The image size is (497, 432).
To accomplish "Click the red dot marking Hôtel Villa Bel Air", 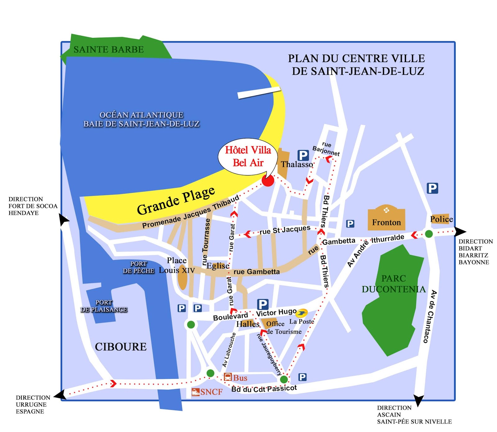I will pos(268,180).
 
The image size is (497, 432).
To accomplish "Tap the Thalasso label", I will pos(297,164).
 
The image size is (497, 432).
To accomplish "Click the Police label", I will pos(441,219).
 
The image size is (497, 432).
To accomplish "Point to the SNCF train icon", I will pos(196,392).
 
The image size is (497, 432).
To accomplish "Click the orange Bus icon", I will pos(228,377).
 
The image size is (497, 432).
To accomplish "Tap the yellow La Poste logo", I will pos(302,313).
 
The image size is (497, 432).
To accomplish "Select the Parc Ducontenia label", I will pos(394,284).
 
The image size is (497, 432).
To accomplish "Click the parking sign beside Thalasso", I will pos(303,155).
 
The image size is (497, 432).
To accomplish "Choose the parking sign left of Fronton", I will pos(350,224).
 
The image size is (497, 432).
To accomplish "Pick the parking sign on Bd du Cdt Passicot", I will pos(302,377).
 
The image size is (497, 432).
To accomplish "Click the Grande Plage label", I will pos(176,201).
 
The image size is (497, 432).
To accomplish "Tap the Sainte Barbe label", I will pos(108,49).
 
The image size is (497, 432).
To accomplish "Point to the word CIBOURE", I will pos(121,347).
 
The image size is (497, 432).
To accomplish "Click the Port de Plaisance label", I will pos(104,306).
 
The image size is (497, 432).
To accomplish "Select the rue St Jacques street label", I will pos(285,230).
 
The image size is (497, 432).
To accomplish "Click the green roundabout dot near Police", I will pos(429,234).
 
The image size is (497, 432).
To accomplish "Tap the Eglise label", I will pos(218,266).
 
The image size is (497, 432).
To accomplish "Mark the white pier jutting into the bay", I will pos(259,93).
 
